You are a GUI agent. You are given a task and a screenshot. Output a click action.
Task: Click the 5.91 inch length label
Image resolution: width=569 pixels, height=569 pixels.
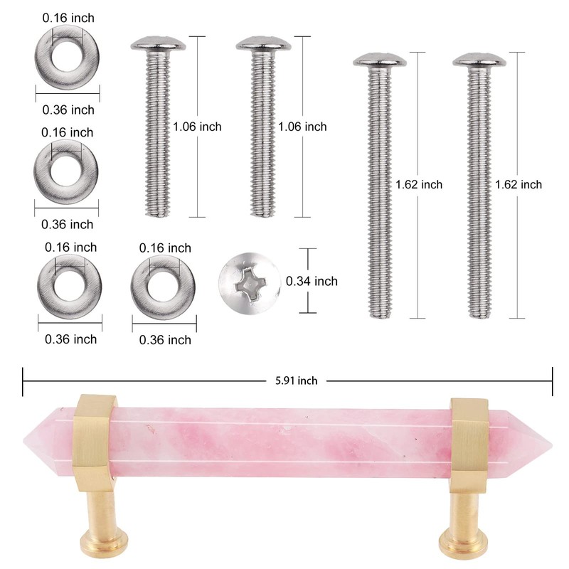(296, 381)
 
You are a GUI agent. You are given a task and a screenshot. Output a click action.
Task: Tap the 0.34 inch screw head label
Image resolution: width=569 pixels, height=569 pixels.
(312, 282)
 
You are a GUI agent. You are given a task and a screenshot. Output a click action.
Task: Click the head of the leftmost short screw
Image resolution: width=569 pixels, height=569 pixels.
(159, 46)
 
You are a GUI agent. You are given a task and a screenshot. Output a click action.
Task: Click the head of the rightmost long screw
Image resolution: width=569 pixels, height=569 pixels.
(479, 61)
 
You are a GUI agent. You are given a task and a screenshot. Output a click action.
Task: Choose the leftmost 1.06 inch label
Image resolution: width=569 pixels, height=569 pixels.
(197, 127)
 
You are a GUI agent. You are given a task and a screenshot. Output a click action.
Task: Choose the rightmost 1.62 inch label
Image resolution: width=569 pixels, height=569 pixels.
(519, 184)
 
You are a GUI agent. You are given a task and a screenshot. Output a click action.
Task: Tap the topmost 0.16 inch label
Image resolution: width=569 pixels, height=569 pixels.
(68, 17)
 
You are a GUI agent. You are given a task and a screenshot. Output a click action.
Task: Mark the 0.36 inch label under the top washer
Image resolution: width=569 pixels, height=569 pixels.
(68, 110)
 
